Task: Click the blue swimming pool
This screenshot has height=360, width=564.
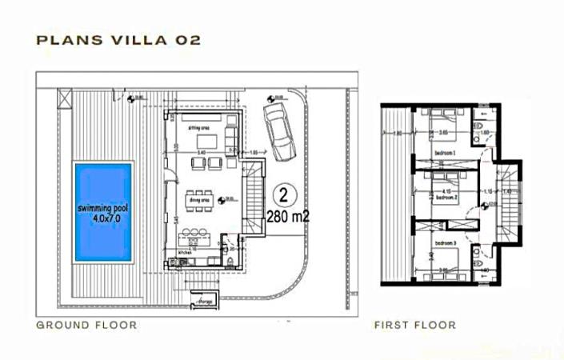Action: pos(103,211)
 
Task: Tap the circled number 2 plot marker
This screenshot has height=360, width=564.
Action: pos(282,194)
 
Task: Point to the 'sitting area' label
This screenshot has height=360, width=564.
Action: pos(199,126)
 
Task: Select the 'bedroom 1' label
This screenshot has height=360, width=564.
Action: pos(445,152)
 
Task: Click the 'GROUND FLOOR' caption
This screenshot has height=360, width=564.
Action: pos(86,326)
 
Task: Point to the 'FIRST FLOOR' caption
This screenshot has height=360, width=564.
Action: pos(415,326)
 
